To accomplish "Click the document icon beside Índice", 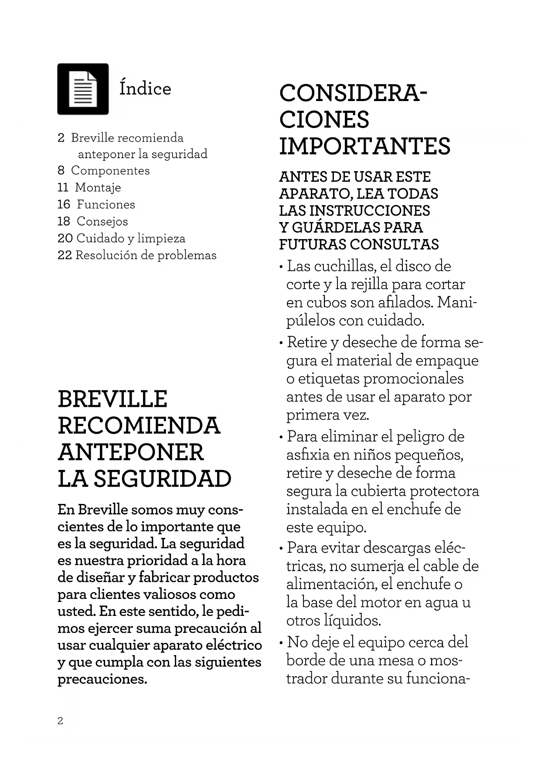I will (83, 89).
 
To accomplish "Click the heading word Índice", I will (145, 88).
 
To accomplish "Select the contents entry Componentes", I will (110, 170).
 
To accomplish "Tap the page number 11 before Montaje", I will (63, 187).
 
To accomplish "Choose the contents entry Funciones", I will (106, 204).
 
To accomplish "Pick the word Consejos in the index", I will (102, 221).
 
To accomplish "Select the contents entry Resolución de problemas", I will (146, 255).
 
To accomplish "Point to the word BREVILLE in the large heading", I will (112, 399).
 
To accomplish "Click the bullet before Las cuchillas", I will (282, 267).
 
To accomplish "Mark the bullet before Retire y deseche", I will (282, 342).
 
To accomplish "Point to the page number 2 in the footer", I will (60, 721).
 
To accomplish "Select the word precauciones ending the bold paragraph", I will (102, 679).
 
